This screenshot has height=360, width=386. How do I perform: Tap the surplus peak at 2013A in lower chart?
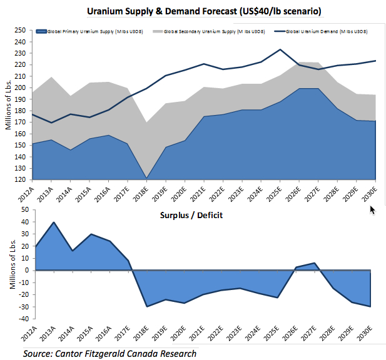[x=54, y=222]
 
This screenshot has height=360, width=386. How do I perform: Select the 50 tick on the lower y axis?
[x=24, y=210]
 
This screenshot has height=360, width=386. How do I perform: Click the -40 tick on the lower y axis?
[x=22, y=319]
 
